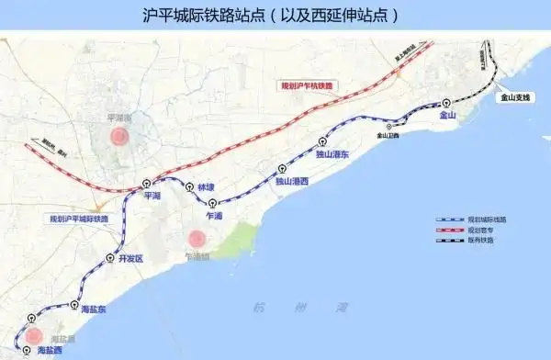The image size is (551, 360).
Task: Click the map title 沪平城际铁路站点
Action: tap(275, 17)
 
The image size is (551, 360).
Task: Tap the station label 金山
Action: tap(447, 116)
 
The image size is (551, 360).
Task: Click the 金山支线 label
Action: tap(512, 96)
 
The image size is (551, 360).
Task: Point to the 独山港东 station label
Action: tap(332, 155)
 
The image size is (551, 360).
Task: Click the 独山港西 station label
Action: tap(292, 182)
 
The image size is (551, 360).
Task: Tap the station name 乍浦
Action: tap(216, 214)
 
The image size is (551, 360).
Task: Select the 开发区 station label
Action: tap(131, 259)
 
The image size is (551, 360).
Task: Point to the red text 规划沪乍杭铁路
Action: tap(309, 85)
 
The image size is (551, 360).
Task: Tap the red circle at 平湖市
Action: tap(118, 137)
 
